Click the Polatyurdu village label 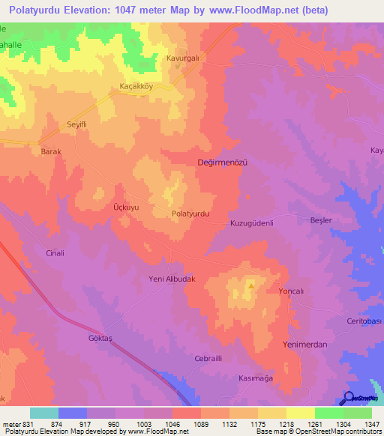pos(190,214)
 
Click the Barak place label pos(49,151)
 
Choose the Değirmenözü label pos(221,162)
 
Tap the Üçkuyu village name pos(105,205)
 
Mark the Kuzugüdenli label pos(256,223)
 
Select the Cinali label pos(55,253)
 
